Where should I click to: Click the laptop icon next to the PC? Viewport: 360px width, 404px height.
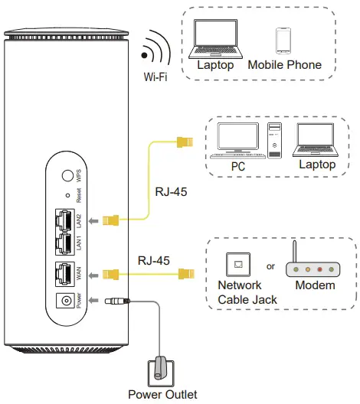pos(316,140)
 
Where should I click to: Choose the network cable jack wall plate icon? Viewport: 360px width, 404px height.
pos(238,265)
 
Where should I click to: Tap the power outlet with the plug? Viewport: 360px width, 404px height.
pos(161,367)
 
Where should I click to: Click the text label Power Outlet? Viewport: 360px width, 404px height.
pos(162,395)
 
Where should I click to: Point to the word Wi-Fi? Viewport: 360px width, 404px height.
pos(155,77)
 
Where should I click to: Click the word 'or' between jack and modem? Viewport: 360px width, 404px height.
pos(271,266)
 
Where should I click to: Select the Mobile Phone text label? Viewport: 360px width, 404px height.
pos(284,65)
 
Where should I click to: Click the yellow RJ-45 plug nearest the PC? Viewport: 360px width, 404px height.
pos(183,142)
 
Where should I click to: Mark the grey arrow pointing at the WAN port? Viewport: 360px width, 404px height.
pos(93,272)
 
